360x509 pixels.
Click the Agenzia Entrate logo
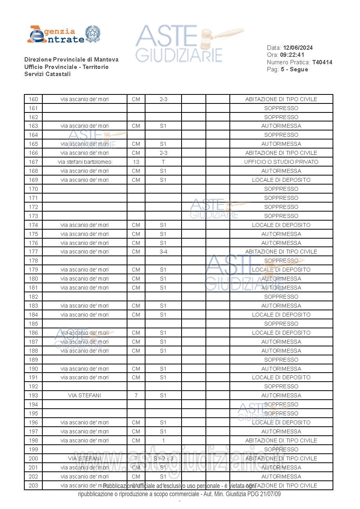64,34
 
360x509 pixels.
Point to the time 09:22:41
292,55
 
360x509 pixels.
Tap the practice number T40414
322,62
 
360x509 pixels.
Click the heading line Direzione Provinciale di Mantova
71,60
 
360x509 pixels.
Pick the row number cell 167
33,162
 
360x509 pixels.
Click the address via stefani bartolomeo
84,162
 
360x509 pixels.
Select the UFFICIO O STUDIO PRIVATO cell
281,162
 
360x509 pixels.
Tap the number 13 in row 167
136,162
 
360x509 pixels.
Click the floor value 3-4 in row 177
163,252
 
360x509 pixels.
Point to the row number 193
33,395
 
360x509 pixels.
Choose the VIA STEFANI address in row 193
84,395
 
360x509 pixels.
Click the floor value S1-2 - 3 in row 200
163,458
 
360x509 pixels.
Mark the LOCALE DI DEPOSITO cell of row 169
281,180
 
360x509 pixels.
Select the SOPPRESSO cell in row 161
281,108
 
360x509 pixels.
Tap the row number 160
33,99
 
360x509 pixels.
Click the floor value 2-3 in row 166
163,153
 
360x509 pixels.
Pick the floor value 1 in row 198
163,440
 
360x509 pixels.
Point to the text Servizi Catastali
47,74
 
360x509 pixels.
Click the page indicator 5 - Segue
295,69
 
